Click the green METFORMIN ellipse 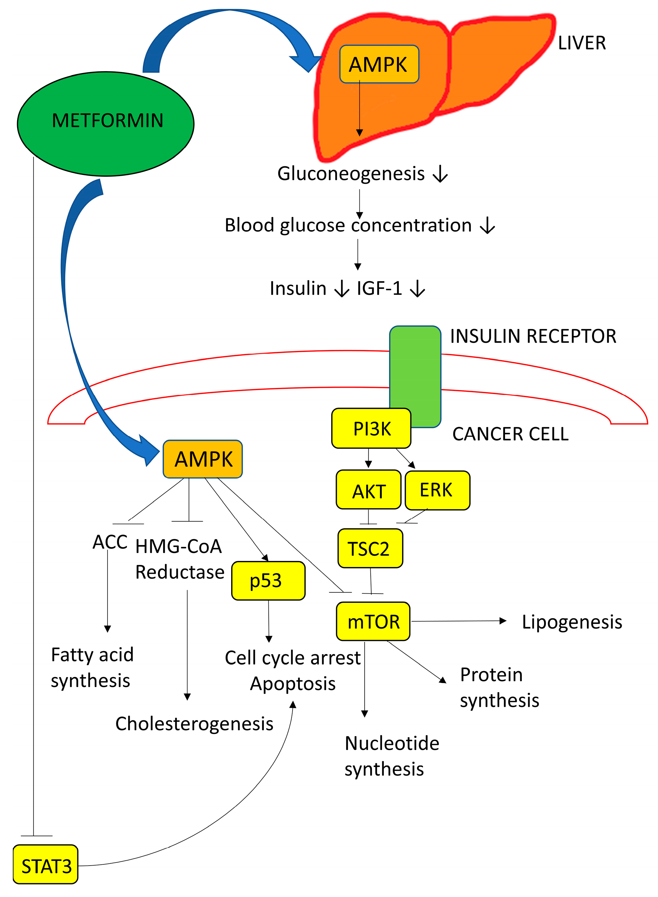(106, 123)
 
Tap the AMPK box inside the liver (379, 64)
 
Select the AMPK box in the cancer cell (203, 459)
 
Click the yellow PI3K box (371, 429)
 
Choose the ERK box (437, 490)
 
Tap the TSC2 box (370, 548)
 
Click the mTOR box (373, 621)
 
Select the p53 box (268, 581)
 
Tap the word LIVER (582, 43)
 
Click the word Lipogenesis (572, 622)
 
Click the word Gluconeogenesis (351, 174)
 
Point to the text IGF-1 (379, 288)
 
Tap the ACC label (110, 542)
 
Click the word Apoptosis (293, 684)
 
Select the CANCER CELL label (510, 434)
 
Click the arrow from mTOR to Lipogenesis (458, 621)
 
